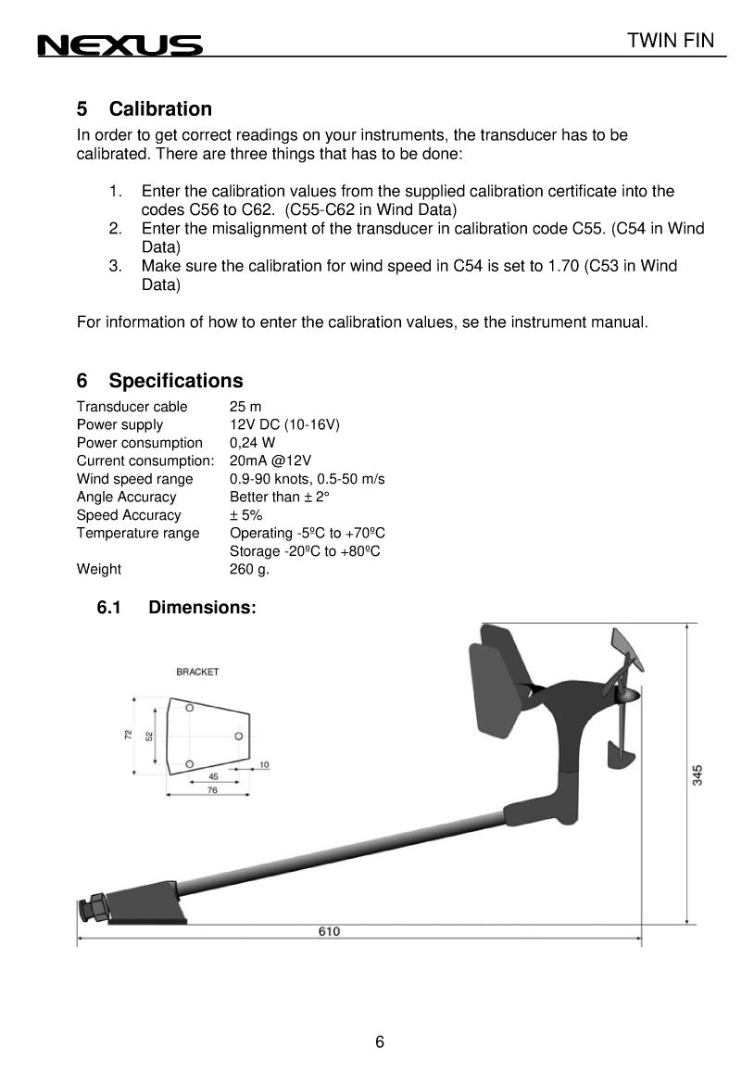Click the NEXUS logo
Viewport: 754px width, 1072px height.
(119, 45)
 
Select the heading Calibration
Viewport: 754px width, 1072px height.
(160, 109)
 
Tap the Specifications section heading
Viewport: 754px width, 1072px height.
(176, 381)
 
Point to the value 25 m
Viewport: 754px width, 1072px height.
(245, 407)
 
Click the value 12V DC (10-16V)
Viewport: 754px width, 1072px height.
(284, 424)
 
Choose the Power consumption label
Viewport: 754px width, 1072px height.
(139, 443)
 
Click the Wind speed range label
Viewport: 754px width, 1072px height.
(134, 479)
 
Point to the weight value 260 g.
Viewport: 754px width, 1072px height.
(249, 569)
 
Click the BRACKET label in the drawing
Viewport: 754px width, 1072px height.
(197, 672)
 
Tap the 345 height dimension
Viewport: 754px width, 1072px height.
(697, 775)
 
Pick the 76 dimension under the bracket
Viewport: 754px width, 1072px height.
(212, 790)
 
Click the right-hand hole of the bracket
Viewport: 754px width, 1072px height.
(238, 736)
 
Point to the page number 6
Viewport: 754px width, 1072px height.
(380, 1041)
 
